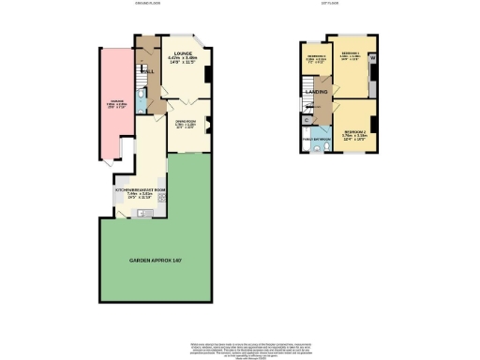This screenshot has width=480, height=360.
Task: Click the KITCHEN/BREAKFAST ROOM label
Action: [x=138, y=190]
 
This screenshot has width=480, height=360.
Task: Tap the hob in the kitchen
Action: [x=160, y=197]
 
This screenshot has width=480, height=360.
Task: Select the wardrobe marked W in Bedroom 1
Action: [x=373, y=59]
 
